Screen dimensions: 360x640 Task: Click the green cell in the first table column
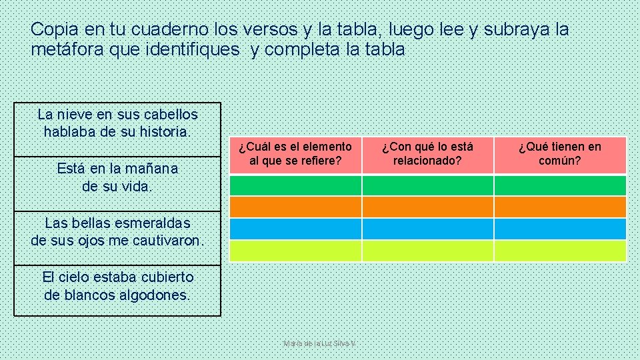(295, 185)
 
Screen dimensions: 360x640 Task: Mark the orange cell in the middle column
(427, 207)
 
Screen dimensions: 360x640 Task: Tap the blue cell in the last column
(560, 229)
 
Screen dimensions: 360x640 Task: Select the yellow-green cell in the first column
(295, 251)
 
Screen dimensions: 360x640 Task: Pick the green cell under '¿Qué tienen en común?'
(560, 185)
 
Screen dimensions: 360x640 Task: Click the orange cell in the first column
(295, 207)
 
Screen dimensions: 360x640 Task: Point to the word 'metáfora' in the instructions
(62, 49)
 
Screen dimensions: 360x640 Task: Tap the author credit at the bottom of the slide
(320, 343)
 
